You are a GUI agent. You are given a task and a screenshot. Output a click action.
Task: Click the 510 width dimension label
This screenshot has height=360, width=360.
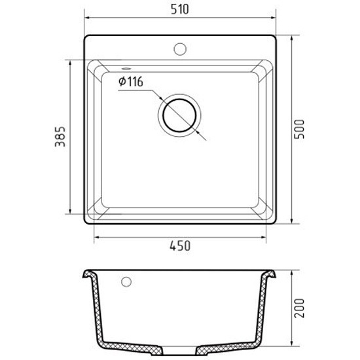tap(180, 9)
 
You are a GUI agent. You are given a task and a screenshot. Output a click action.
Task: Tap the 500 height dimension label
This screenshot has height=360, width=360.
tap(299, 129)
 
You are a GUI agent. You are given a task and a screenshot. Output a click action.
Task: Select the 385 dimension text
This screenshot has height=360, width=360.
tap(60, 137)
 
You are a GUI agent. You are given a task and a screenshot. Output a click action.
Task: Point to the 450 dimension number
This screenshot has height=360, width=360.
tap(180, 245)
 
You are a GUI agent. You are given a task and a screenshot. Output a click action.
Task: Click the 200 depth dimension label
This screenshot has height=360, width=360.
tap(299, 308)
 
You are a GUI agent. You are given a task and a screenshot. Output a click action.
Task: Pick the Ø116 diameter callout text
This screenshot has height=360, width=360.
tap(131, 82)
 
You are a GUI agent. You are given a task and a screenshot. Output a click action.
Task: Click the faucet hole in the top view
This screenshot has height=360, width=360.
tap(180, 49)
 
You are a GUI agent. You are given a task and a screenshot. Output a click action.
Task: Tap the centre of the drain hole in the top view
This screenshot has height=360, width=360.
tap(179, 115)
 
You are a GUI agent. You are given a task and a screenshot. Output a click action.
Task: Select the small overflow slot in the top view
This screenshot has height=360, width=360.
tap(126, 68)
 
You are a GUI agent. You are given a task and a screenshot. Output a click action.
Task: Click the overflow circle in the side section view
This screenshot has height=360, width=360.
tap(126, 282)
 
